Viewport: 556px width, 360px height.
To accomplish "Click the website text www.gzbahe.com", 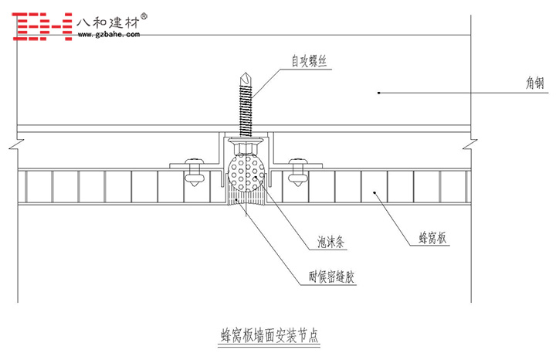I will [x=109, y=34].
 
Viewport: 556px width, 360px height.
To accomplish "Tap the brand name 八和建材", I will [x=109, y=21].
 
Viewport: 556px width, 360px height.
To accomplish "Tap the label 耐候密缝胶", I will [x=332, y=275].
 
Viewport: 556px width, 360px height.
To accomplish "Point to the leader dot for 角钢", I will [x=378, y=93].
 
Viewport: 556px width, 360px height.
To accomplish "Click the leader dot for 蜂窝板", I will [x=373, y=194].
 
